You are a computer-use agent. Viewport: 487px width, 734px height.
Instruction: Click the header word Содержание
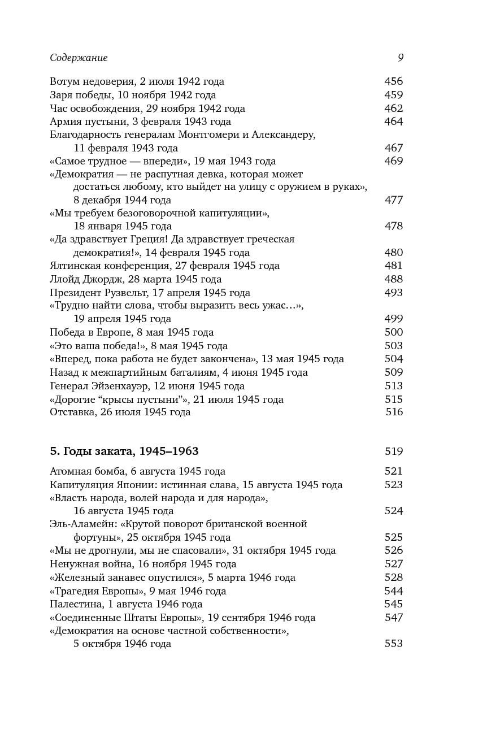coord(79,58)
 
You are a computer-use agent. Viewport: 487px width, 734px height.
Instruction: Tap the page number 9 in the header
coord(400,58)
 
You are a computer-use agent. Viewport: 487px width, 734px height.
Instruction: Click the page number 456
coord(393,81)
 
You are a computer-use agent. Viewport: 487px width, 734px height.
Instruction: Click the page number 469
coord(393,161)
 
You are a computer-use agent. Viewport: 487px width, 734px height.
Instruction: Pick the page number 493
coord(393,293)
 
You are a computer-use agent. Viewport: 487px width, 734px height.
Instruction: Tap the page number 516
coord(394,412)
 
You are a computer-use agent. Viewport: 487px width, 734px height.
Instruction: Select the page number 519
coord(393,451)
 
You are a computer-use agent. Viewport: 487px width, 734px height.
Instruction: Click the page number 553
coord(393,644)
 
